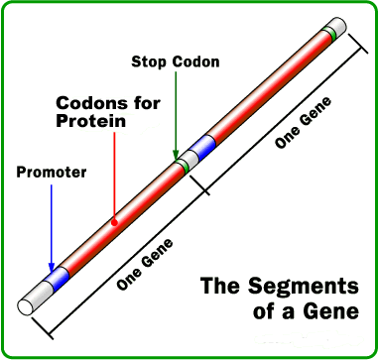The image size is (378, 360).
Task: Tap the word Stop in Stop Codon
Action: click(150, 61)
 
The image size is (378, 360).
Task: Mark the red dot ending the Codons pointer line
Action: click(114, 221)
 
